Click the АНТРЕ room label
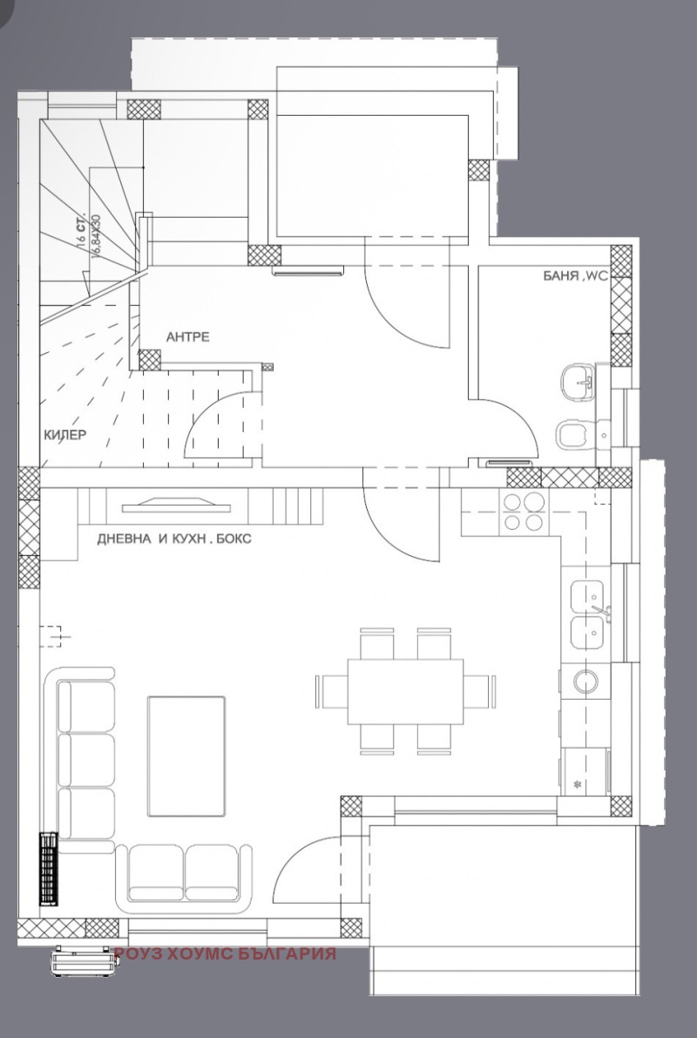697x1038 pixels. (188, 337)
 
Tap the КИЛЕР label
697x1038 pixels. (65, 435)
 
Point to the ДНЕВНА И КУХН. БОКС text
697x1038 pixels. (174, 539)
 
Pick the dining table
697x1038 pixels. (405, 691)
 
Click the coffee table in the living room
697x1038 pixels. (186, 755)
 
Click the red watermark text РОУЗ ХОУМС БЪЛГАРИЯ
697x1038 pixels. (225, 953)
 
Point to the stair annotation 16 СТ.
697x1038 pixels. (82, 231)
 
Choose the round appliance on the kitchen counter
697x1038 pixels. (582, 680)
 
